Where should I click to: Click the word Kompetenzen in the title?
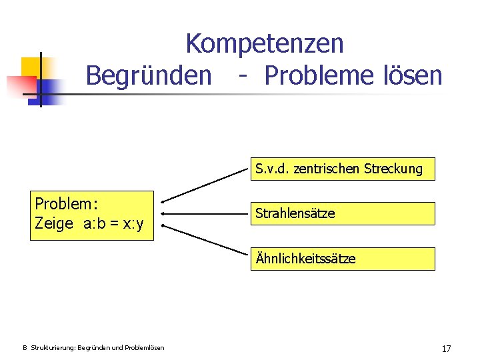click(265, 44)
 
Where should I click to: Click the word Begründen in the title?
click(148, 75)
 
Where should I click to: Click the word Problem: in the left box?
click(67, 203)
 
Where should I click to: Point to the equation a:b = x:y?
click(113, 224)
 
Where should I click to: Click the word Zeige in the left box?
click(54, 224)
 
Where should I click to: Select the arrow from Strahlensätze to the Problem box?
click(203, 214)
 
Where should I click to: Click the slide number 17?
click(446, 348)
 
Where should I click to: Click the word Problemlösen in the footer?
click(143, 348)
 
